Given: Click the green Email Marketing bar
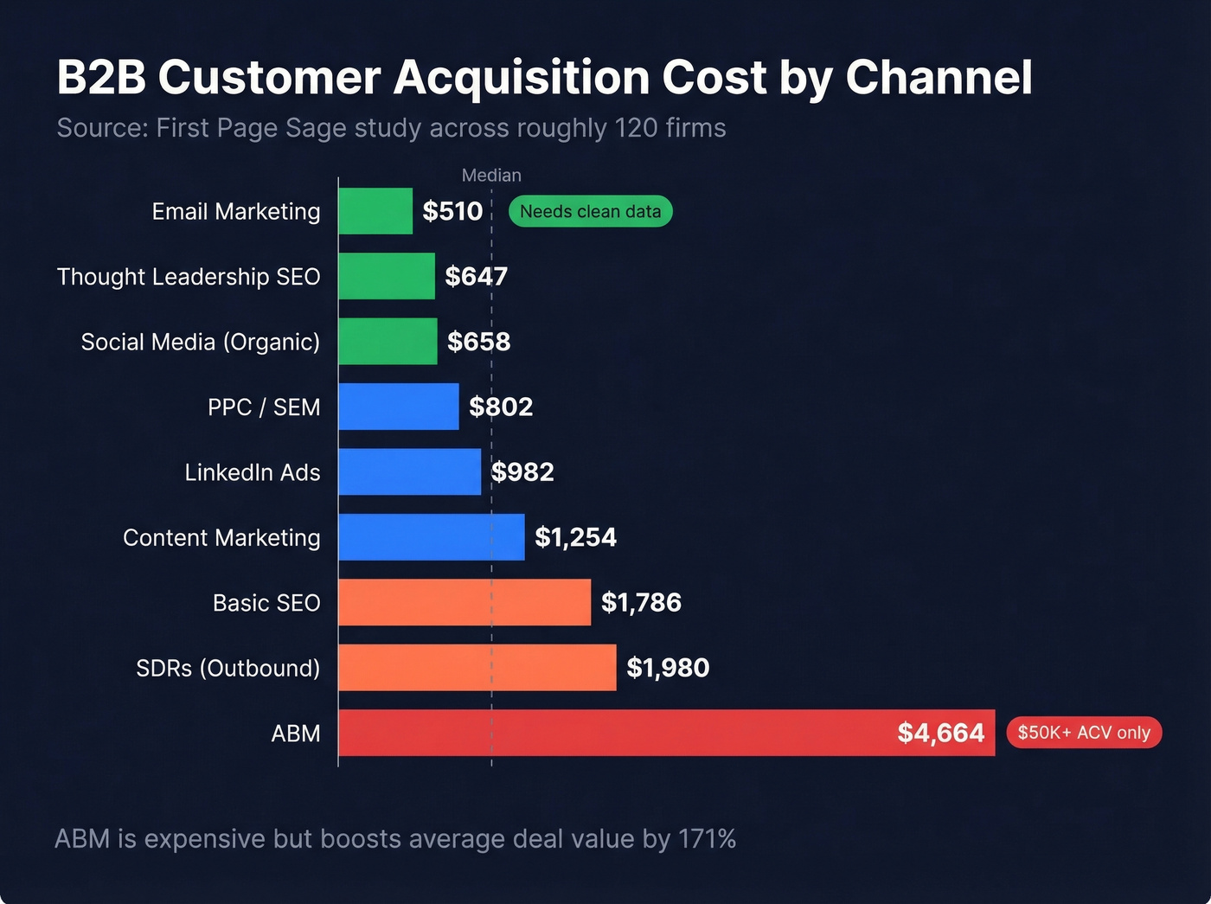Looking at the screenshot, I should [x=375, y=211].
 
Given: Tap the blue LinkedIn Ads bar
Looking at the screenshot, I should [x=409, y=471].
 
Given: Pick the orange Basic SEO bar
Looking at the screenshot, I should [x=465, y=602].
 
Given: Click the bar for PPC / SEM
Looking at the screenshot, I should [x=398, y=407].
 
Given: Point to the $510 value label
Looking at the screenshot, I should [x=452, y=211].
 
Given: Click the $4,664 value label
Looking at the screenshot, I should [x=940, y=733].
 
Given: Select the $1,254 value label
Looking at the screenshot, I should [x=575, y=537].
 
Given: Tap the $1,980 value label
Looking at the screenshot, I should [x=668, y=668].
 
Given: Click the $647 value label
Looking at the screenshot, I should [x=476, y=276].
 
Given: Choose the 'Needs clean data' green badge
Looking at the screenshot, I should [x=590, y=211].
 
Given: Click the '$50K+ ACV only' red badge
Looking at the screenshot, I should [x=1083, y=733].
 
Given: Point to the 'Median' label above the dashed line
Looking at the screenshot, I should [x=491, y=176].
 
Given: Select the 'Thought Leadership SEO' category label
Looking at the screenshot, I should [x=189, y=277].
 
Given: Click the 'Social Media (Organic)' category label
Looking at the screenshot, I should [x=201, y=342].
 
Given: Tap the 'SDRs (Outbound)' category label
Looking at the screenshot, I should [x=228, y=668].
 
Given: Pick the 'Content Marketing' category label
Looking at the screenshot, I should [x=221, y=537].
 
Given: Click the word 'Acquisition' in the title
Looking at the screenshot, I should [x=522, y=78].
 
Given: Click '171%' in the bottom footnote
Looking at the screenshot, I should [x=707, y=839].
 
